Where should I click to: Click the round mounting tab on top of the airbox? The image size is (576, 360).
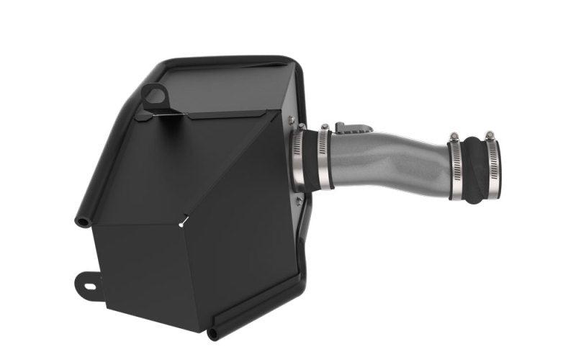click(x=153, y=94)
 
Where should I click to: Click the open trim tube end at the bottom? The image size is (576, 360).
click(x=212, y=333)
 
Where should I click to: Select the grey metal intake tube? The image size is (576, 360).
click(x=389, y=158)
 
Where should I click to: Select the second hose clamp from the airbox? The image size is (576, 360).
click(x=325, y=160)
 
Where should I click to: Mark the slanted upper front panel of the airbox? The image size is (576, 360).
click(x=202, y=166)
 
